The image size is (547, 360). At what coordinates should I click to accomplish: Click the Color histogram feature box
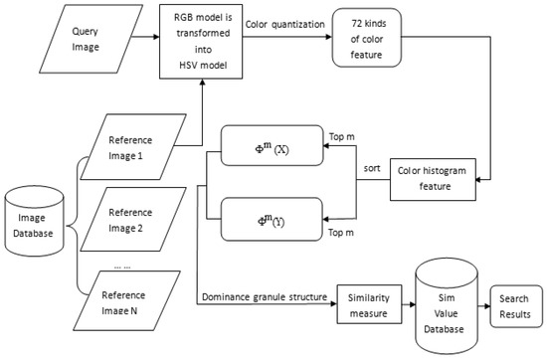pyautogui.click(x=431, y=178)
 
